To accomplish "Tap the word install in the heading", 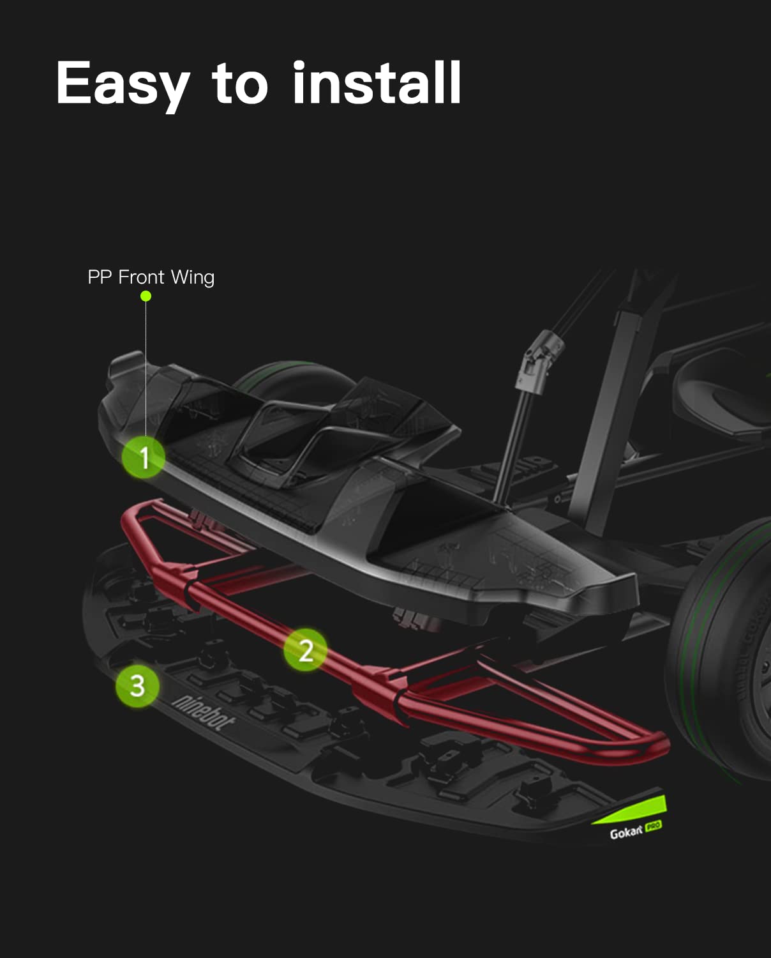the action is pos(377,82).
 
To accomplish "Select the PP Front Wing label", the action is pos(151,277).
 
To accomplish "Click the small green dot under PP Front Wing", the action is pos(146,296).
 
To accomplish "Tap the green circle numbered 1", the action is pos(143,457).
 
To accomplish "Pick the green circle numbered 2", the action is pos(306,650).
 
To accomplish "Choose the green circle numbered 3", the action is pos(137,685).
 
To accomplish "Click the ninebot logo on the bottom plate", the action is pos(203,713).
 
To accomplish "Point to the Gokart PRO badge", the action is pos(635,830).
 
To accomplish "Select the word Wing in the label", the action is pos(193,278).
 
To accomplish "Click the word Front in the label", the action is pos(142,277).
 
